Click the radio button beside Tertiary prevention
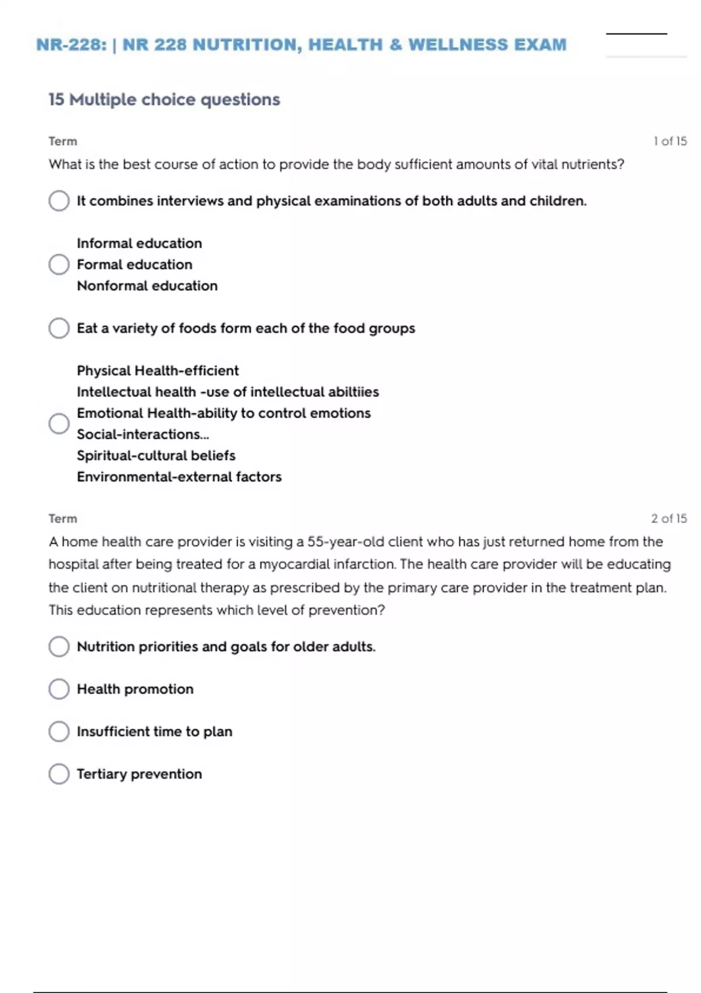coord(59,774)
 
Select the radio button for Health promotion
coord(59,689)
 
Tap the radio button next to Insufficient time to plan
coord(59,731)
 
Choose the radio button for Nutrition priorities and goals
coord(59,647)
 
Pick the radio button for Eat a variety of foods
coord(59,328)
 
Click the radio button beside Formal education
coord(59,265)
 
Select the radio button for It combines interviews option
coord(59,201)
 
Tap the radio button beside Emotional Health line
coord(59,423)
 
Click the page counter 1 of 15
coord(670,141)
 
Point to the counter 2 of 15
coord(669,519)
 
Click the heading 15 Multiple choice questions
coord(164,100)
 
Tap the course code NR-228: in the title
coord(71,45)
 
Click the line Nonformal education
coord(147,286)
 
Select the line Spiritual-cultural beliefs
coord(156,456)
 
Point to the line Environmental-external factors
coord(179,477)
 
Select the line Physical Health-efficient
coord(158,371)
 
